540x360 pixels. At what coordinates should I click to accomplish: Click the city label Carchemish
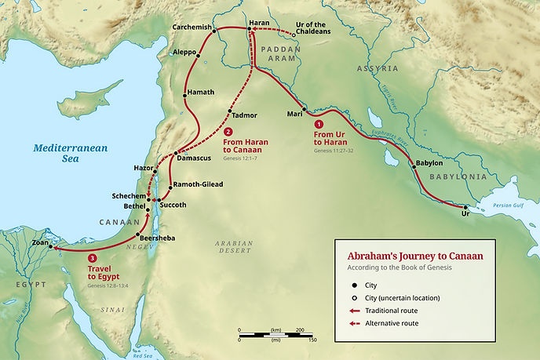click(192, 27)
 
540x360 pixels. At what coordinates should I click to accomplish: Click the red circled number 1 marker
click(318, 124)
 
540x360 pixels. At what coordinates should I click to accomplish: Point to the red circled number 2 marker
click(229, 132)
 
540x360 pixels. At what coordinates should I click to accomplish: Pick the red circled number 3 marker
click(93, 258)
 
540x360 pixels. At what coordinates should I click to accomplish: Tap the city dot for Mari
click(302, 107)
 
